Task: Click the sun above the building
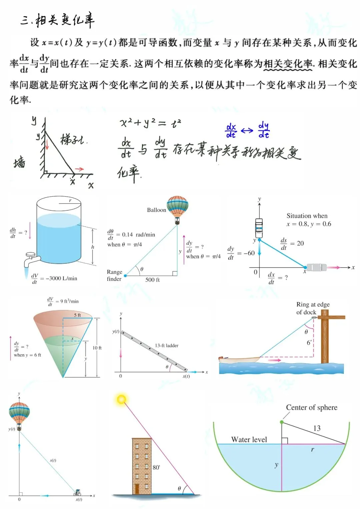(121, 399)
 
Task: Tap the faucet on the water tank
(32, 258)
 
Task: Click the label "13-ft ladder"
(167, 346)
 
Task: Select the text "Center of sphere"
(312, 408)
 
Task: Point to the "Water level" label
(249, 440)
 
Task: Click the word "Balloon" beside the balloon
(156, 210)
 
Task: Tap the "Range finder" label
(114, 276)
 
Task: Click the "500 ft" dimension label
(152, 280)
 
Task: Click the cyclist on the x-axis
(77, 492)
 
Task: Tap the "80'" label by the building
(156, 468)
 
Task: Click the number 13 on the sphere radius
(317, 428)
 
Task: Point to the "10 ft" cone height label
(97, 348)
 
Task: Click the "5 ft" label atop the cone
(77, 315)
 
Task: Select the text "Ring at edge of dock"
(313, 308)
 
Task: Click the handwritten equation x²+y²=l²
(150, 123)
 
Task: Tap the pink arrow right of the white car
(334, 267)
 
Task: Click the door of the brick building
(137, 489)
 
